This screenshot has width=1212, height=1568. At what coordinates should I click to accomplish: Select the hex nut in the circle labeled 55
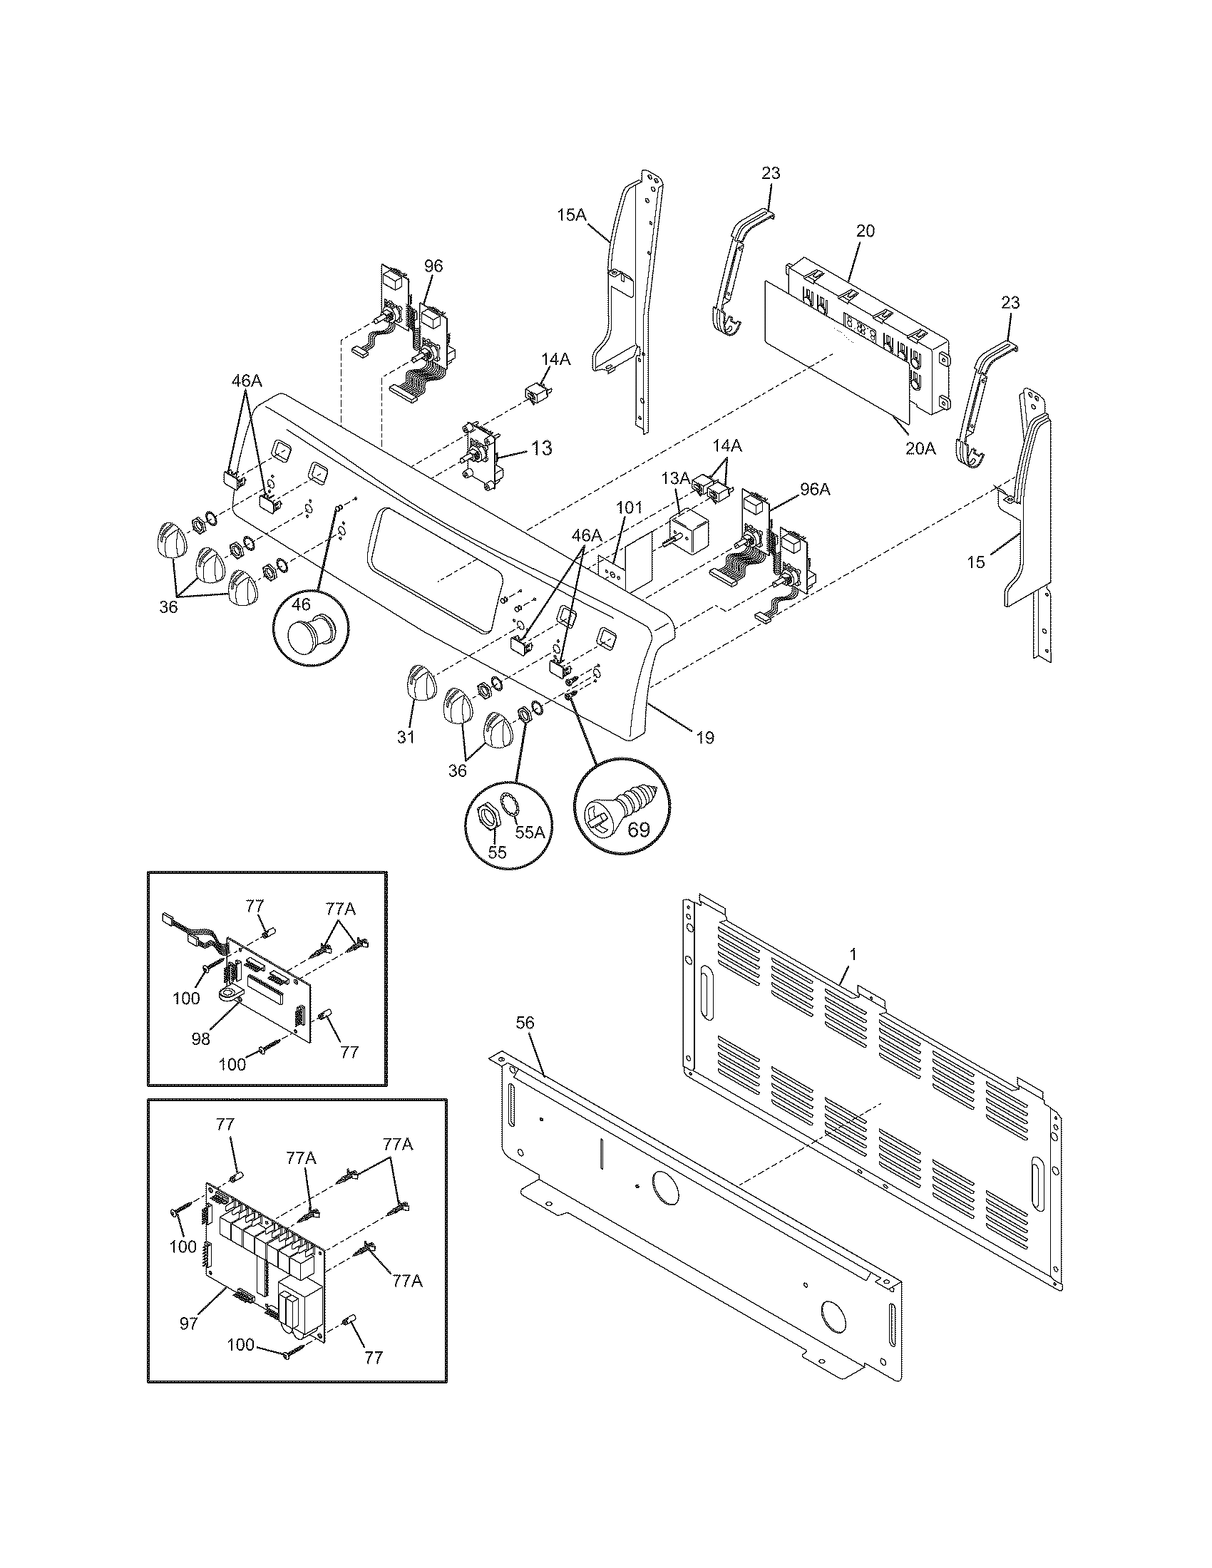point(488,815)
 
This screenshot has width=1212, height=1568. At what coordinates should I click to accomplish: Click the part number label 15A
point(572,215)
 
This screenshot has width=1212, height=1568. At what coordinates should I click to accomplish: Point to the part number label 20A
point(920,449)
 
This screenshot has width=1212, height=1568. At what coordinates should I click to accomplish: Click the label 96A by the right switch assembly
point(815,489)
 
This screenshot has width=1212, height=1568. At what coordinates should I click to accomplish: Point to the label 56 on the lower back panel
point(525,1023)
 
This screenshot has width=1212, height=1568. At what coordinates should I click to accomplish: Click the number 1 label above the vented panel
point(852,954)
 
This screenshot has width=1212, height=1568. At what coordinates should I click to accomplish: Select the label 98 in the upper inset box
point(202,1039)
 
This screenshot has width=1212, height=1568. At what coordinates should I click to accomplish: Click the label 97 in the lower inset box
point(188,1324)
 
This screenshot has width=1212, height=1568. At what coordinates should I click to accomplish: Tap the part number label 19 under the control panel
point(705,738)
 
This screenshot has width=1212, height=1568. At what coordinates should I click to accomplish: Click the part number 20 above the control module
point(866,231)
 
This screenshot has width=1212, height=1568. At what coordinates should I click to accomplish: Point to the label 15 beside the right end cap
point(976,562)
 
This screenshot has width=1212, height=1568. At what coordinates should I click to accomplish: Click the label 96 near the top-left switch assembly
point(433,267)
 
